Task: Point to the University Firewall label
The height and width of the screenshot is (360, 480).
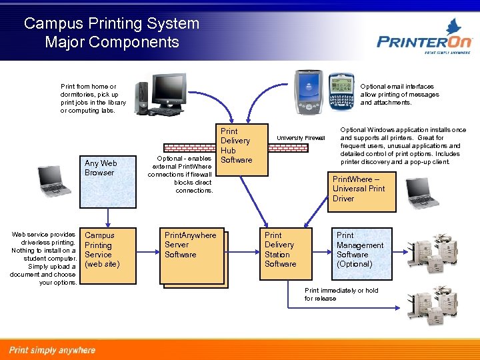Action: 301,138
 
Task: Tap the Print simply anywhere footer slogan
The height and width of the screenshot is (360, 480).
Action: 52,350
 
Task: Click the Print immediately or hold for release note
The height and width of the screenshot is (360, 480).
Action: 341,295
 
